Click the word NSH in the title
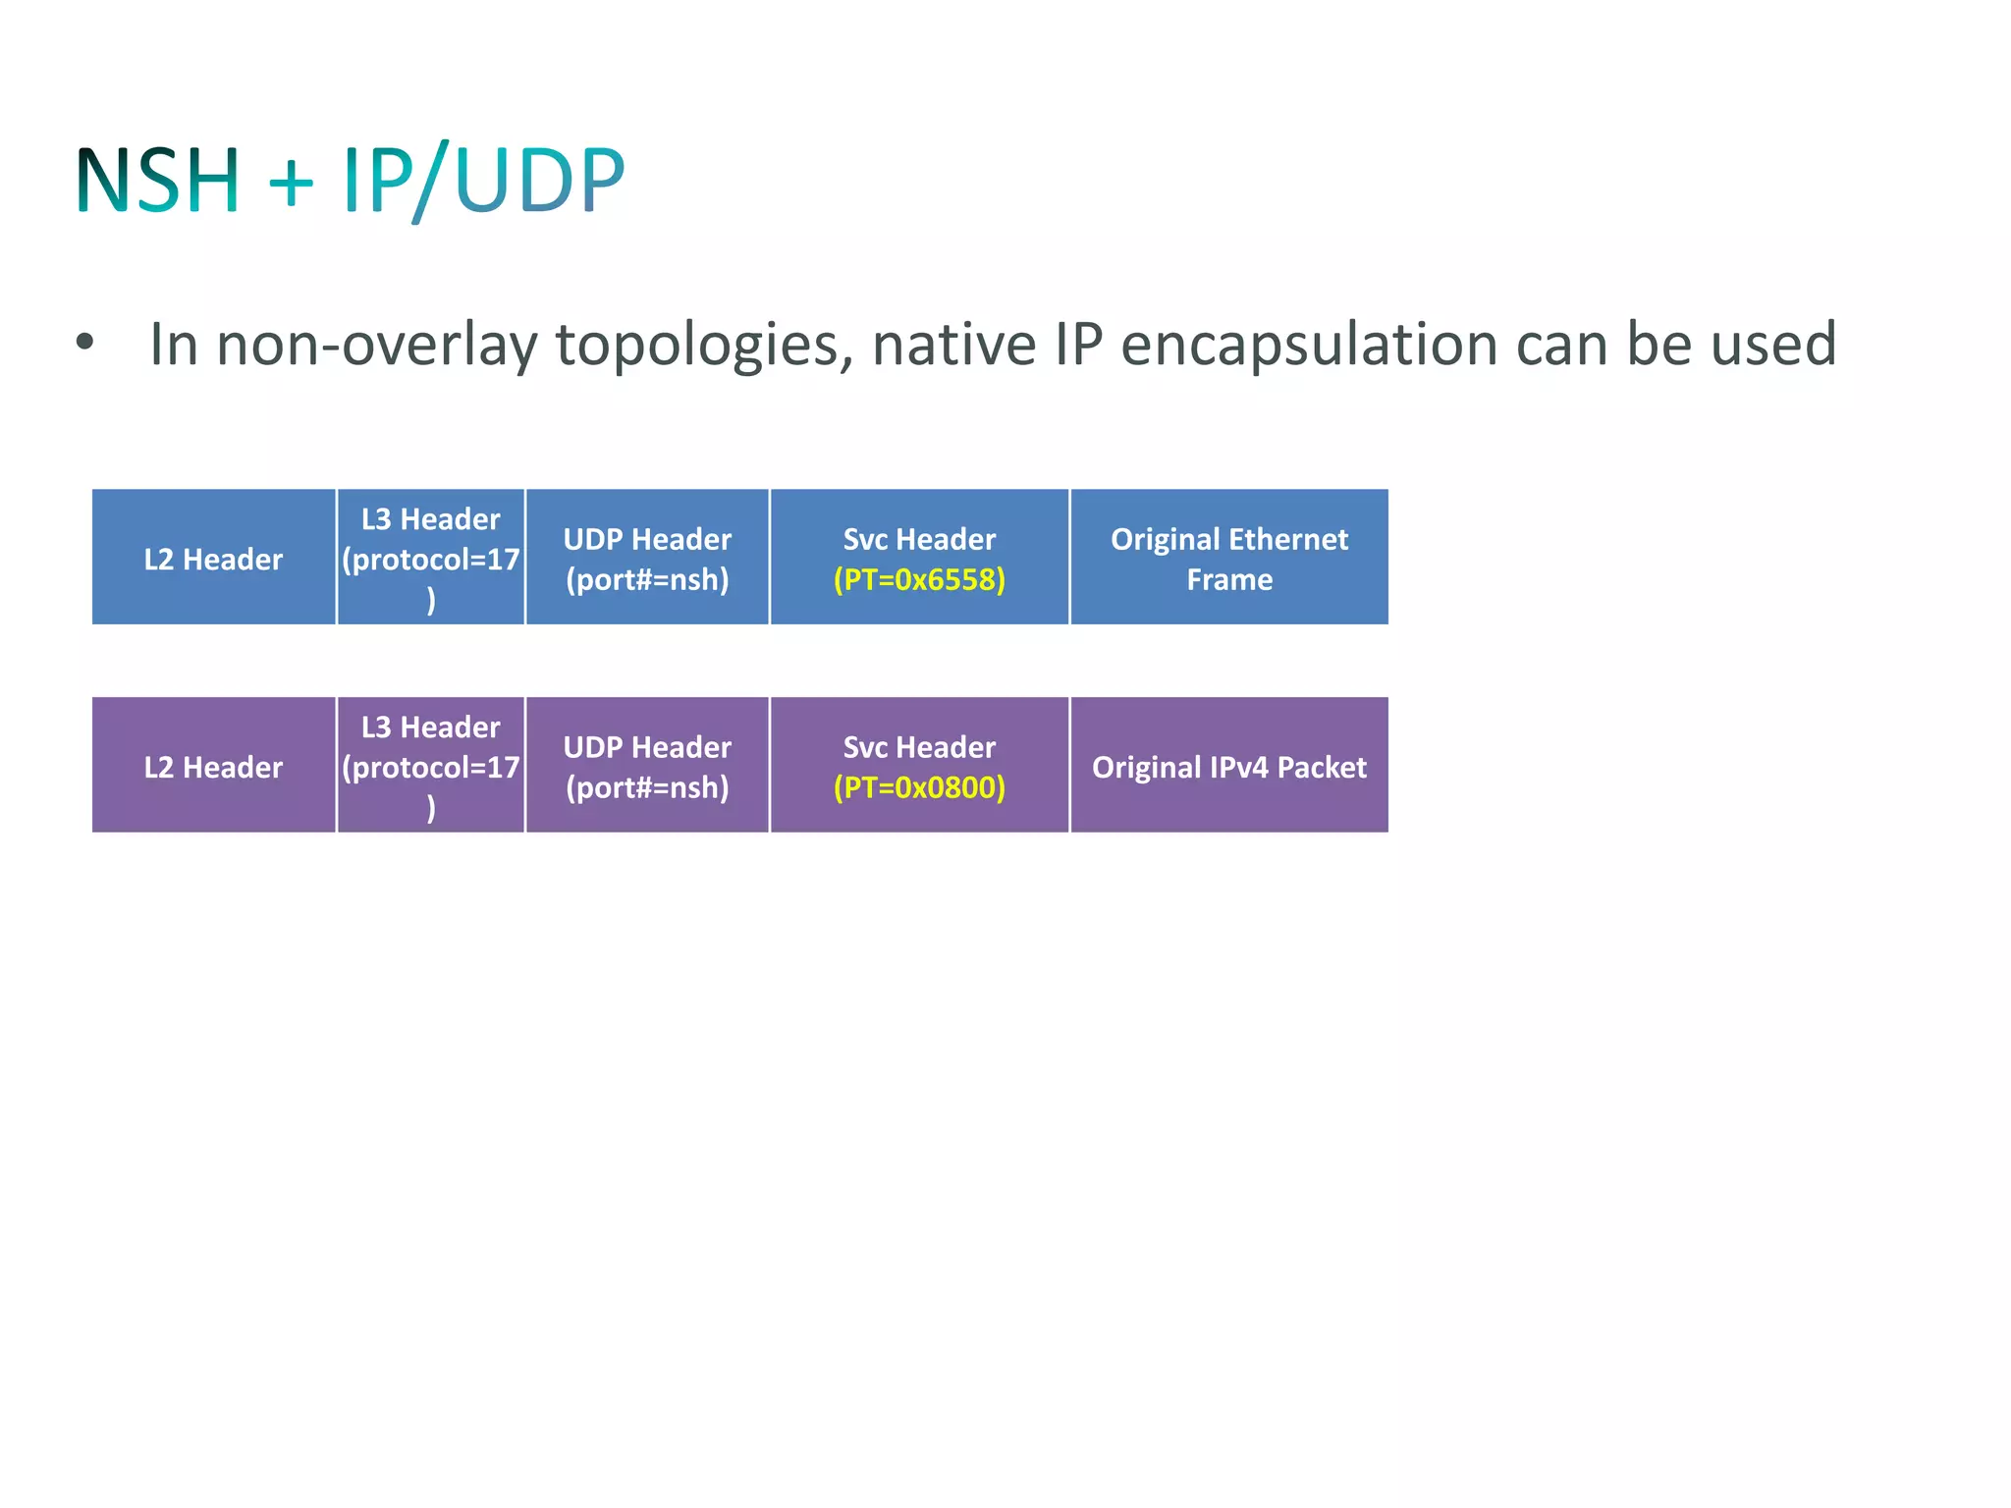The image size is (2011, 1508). (157, 181)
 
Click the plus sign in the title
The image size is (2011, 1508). (291, 183)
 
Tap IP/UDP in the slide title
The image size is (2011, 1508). (483, 181)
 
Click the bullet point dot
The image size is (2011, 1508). (85, 343)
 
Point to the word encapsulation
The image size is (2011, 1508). (1309, 346)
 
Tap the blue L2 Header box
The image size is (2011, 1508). (213, 558)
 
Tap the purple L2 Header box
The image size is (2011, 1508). (213, 766)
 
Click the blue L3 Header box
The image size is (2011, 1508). (430, 558)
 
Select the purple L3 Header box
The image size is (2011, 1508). (430, 766)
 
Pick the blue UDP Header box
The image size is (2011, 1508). (647, 558)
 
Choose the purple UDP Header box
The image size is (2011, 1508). (647, 766)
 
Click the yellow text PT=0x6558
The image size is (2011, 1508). (919, 579)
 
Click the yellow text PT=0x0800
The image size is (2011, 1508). (919, 787)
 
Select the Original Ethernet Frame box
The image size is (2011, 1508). (1229, 558)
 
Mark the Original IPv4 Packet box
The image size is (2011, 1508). (1229, 766)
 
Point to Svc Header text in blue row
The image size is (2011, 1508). (919, 538)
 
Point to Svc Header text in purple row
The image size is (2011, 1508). (919, 746)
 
